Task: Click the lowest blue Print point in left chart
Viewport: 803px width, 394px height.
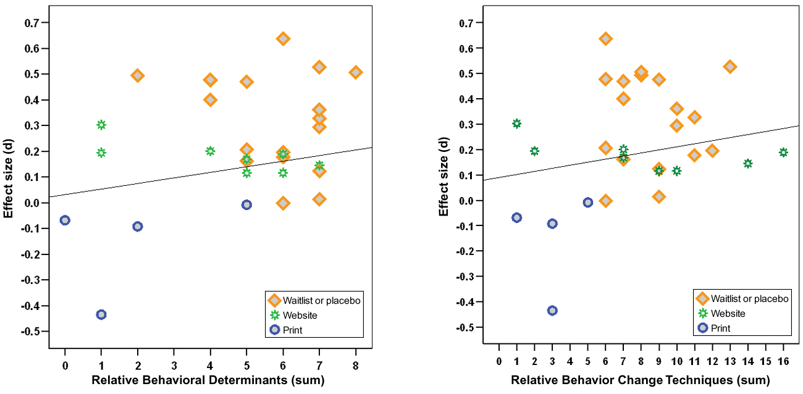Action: [x=101, y=314]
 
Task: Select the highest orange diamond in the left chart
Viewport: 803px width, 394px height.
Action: [x=283, y=39]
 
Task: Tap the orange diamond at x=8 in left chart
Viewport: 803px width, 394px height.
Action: [x=356, y=72]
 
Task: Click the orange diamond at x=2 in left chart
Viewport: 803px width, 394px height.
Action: [x=138, y=75]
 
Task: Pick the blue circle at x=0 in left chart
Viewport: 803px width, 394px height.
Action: [x=65, y=220]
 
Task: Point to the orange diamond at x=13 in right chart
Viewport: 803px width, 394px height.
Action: [x=730, y=67]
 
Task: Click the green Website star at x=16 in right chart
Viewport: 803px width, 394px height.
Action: [x=783, y=153]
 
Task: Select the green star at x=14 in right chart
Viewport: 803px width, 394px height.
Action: [x=748, y=164]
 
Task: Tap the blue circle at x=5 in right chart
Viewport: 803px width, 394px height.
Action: [x=587, y=202]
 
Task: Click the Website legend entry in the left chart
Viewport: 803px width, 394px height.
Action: [x=300, y=316]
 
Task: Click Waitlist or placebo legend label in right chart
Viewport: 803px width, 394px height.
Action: [x=749, y=299]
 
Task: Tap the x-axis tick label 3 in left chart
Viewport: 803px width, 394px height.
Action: [x=174, y=366]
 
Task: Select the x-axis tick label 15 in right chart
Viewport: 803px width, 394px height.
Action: [x=765, y=361]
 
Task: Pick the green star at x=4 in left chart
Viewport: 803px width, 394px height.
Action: [x=210, y=151]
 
